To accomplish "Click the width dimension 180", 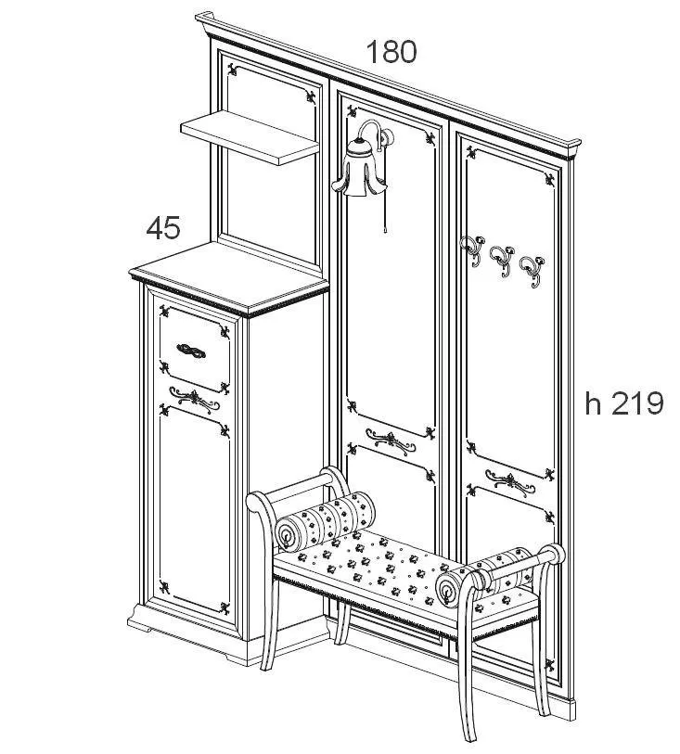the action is [391, 52].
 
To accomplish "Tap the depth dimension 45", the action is [163, 227].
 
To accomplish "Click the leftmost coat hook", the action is [471, 250].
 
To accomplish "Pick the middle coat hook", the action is [502, 261].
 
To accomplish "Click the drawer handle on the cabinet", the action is [191, 351].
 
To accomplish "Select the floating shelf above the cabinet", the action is [250, 137].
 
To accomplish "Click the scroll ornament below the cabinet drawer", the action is [194, 399].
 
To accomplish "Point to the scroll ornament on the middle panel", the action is [391, 441].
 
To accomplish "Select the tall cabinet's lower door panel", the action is [194, 510].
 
